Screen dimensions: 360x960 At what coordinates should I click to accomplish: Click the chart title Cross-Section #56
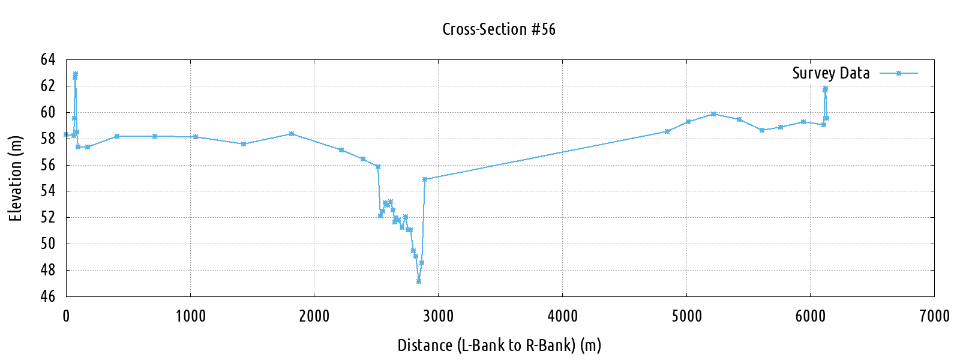(x=499, y=29)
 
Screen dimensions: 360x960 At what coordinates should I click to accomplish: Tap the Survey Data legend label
(x=830, y=73)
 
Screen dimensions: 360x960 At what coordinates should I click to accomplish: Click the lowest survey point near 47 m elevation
(x=419, y=281)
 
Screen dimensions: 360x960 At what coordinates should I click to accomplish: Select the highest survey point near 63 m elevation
(x=76, y=74)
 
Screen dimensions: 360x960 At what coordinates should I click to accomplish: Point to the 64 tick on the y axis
(x=48, y=59)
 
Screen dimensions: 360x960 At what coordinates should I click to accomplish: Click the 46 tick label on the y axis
(x=48, y=296)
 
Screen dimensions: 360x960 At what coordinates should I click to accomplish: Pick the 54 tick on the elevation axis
(x=48, y=191)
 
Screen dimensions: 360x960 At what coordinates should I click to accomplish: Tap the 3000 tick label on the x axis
(x=438, y=316)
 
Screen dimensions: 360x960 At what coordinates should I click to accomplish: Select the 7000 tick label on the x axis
(x=934, y=316)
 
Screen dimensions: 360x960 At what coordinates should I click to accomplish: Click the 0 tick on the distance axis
(x=66, y=316)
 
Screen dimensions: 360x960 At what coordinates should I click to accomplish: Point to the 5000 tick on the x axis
(x=686, y=316)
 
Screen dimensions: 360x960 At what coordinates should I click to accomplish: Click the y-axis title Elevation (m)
(x=16, y=178)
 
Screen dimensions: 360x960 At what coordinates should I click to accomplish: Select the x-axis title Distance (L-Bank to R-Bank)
(x=499, y=346)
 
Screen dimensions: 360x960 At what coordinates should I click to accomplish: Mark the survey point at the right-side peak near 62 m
(x=825, y=89)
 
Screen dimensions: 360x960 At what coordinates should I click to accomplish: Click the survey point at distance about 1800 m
(x=292, y=134)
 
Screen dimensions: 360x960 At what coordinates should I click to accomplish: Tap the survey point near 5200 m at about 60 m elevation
(x=713, y=114)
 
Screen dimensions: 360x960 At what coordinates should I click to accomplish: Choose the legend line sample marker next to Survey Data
(x=899, y=73)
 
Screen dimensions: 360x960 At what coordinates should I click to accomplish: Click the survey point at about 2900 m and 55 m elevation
(x=425, y=179)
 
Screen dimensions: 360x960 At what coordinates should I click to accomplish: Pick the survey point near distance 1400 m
(x=243, y=144)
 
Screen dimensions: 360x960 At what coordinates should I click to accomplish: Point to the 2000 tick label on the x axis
(x=314, y=316)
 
